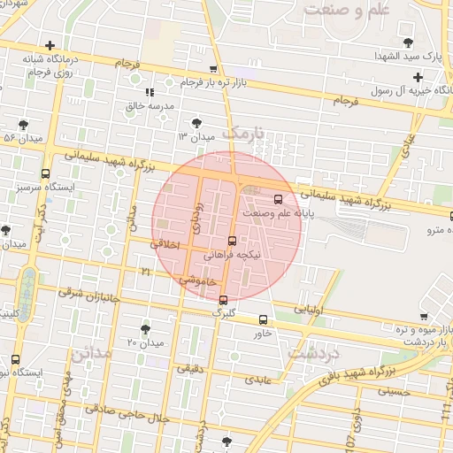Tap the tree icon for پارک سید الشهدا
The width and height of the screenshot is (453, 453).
pos(407,42)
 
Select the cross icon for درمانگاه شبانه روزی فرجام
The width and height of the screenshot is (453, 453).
pos(50,45)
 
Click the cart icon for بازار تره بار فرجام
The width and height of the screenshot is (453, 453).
pos(212,69)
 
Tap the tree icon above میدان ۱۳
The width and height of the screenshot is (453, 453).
pos(196,123)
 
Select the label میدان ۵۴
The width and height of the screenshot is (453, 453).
pos(23,138)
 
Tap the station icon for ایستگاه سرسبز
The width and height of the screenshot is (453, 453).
pos(45,174)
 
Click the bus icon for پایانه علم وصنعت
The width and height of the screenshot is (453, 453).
pos(279,198)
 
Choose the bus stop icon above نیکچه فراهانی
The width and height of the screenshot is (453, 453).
pos(232,241)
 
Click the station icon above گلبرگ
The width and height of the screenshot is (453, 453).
pos(223,300)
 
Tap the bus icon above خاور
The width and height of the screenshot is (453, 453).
pos(263,319)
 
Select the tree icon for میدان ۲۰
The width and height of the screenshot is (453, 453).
pos(145,328)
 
